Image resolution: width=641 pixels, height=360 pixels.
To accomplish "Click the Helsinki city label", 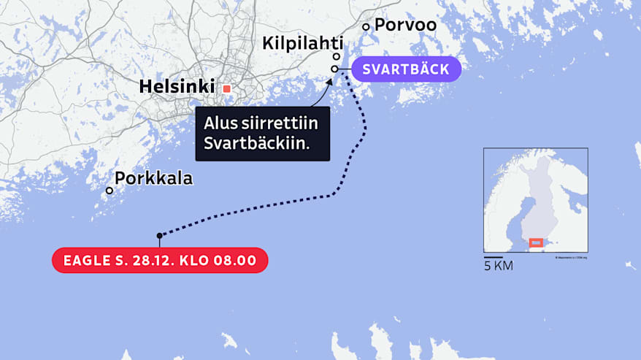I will (x=177, y=88).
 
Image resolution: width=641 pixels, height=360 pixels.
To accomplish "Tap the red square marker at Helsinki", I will (x=226, y=88).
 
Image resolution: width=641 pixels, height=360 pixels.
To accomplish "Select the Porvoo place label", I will (x=405, y=25).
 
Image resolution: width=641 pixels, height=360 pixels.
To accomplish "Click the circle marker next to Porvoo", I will (x=366, y=27).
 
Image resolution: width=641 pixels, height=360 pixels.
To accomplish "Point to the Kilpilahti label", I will (x=303, y=45).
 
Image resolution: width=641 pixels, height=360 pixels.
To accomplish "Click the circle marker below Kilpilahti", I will (x=337, y=57).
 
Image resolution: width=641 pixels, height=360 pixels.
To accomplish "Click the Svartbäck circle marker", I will (x=334, y=69).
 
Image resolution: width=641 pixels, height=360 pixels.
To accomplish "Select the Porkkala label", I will (x=153, y=178).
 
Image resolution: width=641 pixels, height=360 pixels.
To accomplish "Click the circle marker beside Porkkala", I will (x=110, y=191).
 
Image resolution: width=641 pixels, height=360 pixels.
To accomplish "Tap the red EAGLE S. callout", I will (x=160, y=261).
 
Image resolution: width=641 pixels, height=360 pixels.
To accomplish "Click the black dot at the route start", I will (x=159, y=235).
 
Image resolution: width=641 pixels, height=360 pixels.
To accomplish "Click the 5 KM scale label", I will (x=499, y=267).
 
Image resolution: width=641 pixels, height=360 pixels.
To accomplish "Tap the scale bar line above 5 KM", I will (x=493, y=257).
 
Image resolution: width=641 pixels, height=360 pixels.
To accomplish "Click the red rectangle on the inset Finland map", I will (x=536, y=242).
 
